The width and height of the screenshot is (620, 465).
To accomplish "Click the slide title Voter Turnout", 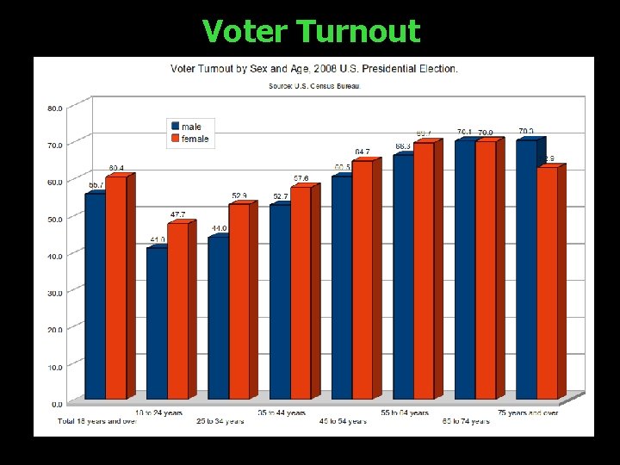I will click(311, 31).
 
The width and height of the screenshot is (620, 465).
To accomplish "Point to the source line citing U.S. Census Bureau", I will click(314, 86).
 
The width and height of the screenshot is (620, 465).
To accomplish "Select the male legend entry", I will click(190, 127).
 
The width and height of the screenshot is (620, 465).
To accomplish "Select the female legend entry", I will click(194, 139).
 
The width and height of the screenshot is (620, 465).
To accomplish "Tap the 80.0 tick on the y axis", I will click(53, 108).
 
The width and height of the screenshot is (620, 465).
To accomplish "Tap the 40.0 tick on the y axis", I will click(53, 256).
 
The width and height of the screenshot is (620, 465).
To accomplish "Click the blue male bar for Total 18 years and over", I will click(95, 297).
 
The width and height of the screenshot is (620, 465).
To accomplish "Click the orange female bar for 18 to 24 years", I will click(177, 310).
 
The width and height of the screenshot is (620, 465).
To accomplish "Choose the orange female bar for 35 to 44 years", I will click(301, 293).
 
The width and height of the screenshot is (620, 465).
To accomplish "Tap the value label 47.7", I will click(177, 214).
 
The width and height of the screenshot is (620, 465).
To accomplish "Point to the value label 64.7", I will click(363, 151).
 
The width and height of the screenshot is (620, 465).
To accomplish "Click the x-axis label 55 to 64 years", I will click(405, 413).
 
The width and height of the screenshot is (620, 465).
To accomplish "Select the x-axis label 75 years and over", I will click(528, 413).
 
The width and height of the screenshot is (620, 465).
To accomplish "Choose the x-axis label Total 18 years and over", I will click(97, 422).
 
